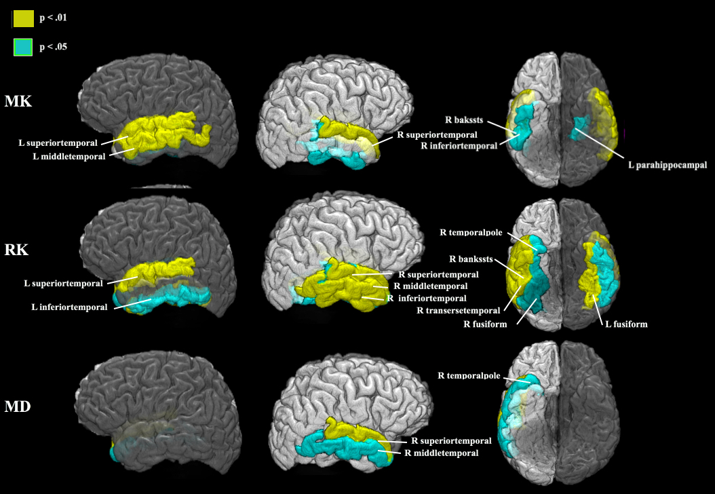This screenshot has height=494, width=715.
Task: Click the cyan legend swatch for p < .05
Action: [x=23, y=47]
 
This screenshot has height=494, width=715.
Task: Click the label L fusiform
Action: [x=626, y=324]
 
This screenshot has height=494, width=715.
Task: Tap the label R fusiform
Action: [x=485, y=324]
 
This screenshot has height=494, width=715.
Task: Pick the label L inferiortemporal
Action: [x=69, y=307]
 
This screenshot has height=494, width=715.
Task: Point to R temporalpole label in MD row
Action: [x=469, y=375]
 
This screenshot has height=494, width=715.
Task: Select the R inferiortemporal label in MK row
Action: [x=459, y=145]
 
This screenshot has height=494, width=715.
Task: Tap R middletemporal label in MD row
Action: [x=441, y=453]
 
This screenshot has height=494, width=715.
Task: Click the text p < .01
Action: [x=53, y=18]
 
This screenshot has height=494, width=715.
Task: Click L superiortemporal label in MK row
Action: [x=58, y=143]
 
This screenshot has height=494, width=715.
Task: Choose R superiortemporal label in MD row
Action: [x=451, y=441]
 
